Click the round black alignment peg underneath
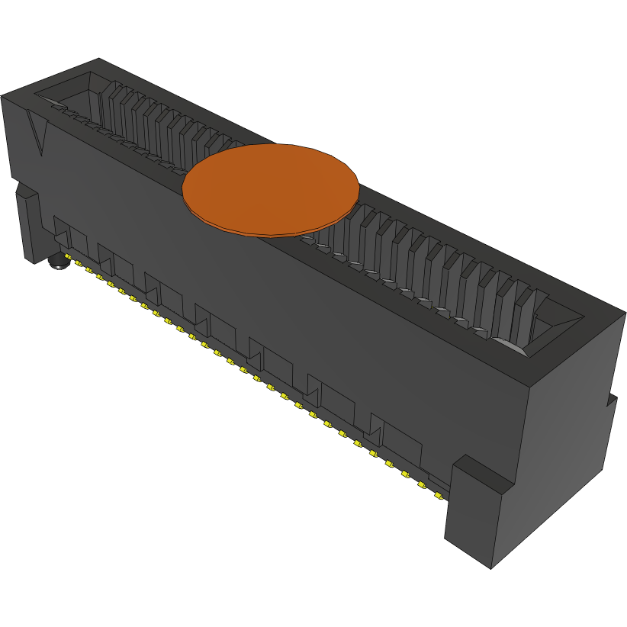(57, 262)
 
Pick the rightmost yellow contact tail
(438, 494)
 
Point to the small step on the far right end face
(612, 400)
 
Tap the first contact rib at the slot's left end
(108, 107)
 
